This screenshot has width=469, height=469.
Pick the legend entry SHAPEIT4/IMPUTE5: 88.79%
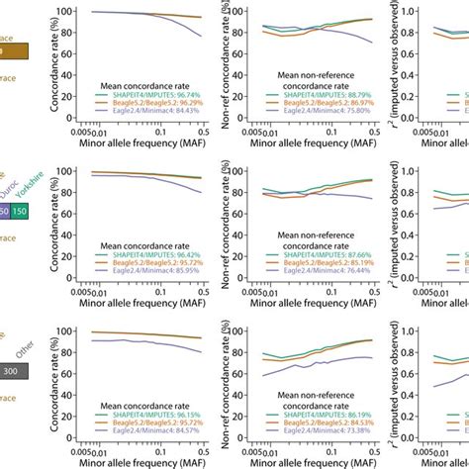coord(319,94)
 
